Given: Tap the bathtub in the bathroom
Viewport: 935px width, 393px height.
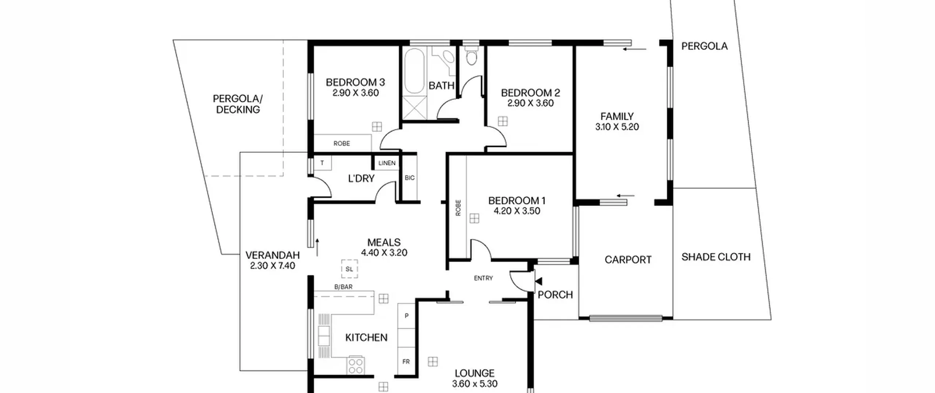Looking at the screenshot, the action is click(415, 71).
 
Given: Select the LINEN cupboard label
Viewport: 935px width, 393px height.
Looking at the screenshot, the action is click(387, 163).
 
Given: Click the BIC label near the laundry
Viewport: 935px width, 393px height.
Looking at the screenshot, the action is click(409, 178).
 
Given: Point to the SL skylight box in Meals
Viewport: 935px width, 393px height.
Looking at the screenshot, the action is click(350, 269).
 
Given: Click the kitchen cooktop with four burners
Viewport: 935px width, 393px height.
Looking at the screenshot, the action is click(355, 365).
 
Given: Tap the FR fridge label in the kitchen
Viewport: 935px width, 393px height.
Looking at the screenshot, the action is click(406, 362).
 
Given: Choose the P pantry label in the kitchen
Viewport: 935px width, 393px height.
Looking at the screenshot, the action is click(407, 315).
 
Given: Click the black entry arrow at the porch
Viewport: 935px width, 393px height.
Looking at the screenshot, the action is click(538, 281).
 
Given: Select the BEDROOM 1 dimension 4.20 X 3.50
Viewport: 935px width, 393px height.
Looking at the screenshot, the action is click(517, 211).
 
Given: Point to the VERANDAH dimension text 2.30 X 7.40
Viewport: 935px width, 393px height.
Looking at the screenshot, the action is click(272, 266).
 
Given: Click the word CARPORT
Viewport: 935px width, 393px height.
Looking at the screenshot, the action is click(628, 260).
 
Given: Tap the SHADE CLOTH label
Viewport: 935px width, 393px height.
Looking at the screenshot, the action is click(716, 257).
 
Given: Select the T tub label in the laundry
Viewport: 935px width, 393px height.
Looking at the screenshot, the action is click(322, 163).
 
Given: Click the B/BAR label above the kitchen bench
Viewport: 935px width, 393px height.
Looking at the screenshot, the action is click(343, 287).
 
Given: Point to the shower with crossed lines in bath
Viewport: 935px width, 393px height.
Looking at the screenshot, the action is click(415, 107).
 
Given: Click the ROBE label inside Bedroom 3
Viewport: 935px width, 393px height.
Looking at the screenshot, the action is click(341, 144).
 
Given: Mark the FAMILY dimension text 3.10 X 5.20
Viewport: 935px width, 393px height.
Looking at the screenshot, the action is click(617, 127).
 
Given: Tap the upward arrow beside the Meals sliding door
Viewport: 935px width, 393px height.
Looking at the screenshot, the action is click(317, 247).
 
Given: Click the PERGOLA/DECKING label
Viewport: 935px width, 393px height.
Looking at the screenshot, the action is click(238, 104).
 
